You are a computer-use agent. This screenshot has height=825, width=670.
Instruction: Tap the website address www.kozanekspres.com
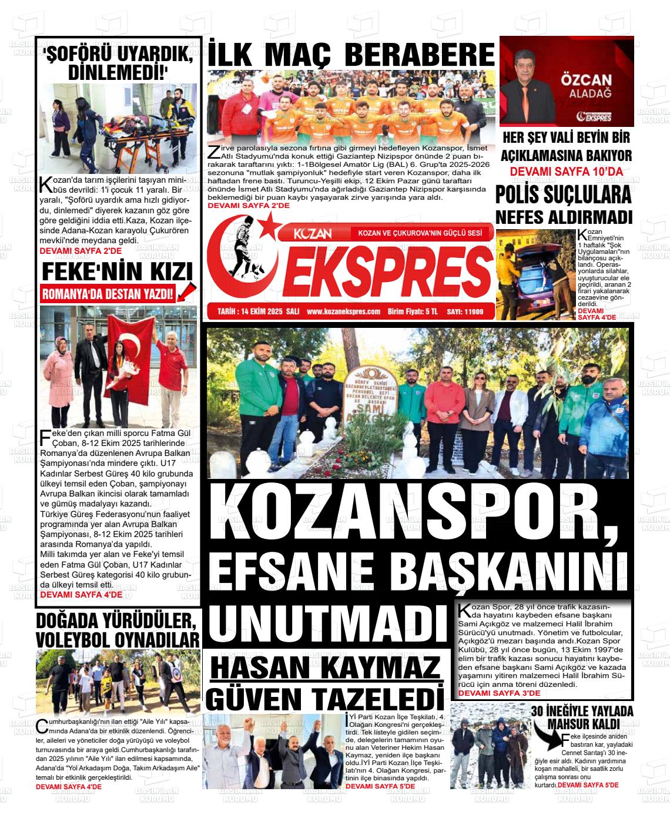343,311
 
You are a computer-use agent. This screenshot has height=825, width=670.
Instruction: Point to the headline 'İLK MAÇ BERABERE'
351,55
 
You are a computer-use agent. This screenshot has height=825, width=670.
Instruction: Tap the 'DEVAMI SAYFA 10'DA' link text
566,172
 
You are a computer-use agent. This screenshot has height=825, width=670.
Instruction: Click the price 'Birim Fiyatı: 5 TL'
413,311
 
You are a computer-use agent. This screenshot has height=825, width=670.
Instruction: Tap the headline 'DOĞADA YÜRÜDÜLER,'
115,621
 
